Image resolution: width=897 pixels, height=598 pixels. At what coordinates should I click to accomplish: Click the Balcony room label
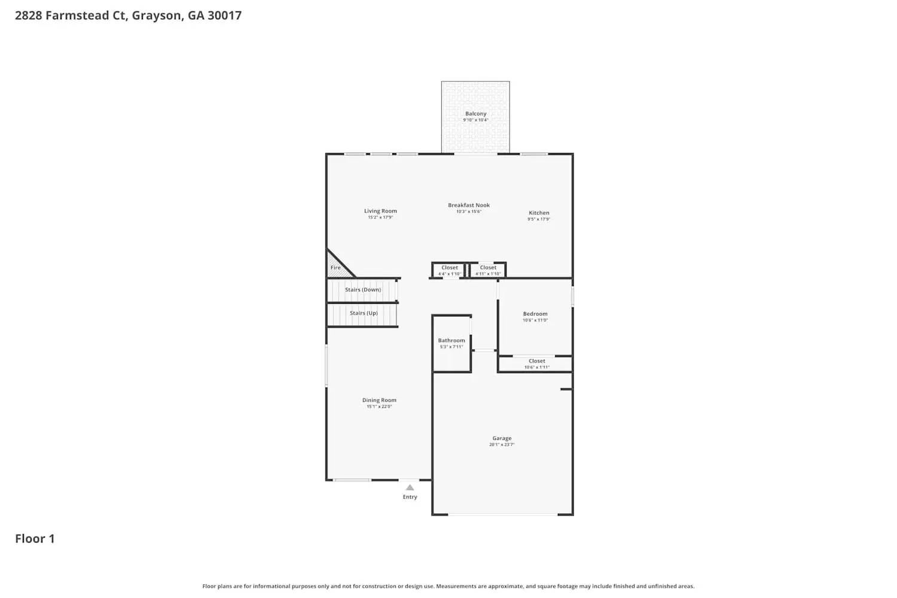[x=475, y=114]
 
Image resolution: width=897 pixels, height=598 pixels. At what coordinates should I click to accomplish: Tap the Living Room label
[x=380, y=211]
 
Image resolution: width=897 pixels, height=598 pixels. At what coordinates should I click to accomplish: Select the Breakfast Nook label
[x=469, y=205]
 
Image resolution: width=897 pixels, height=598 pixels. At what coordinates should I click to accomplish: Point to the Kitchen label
[x=539, y=213]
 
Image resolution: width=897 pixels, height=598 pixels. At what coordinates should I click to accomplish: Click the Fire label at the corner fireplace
[x=335, y=268]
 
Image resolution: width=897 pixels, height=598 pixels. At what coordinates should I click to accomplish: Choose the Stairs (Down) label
[x=363, y=290]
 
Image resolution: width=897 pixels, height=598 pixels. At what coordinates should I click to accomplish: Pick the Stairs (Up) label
[x=364, y=313]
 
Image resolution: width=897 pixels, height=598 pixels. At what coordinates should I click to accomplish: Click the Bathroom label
[x=451, y=341]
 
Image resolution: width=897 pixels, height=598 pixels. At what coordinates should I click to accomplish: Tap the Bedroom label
[x=535, y=314]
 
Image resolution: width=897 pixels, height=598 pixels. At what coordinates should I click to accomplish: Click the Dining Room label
[x=379, y=401]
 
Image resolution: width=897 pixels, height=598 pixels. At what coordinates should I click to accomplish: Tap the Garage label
[x=502, y=438]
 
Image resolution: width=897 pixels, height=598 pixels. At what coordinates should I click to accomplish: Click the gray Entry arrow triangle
[x=410, y=487]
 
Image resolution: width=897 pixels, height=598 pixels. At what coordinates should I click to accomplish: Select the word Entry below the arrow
[x=410, y=497]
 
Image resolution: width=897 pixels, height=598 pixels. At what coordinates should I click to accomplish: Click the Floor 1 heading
[x=35, y=539]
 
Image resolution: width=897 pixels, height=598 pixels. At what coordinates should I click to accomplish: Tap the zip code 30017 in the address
[x=224, y=16]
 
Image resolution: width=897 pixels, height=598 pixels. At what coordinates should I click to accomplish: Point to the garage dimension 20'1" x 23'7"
[x=502, y=445]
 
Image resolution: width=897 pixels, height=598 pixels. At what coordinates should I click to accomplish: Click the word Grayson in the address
[x=156, y=16]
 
